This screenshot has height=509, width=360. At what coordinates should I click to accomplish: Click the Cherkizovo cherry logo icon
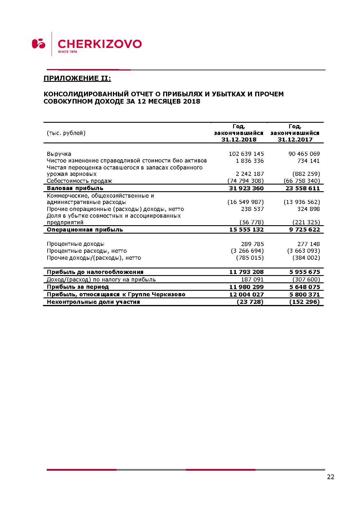(x=39, y=44)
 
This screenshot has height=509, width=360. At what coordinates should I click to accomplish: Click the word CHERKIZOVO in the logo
(x=100, y=44)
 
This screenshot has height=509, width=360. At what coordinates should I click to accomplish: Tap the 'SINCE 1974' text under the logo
(x=67, y=52)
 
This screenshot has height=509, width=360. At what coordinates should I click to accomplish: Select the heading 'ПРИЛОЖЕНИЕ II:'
(x=77, y=78)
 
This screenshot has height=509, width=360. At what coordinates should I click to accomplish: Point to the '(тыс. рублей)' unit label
(x=66, y=133)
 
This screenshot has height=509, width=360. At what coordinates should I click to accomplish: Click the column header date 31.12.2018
(x=239, y=140)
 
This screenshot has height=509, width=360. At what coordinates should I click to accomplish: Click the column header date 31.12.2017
(x=295, y=140)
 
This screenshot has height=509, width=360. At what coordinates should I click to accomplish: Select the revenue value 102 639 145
(x=246, y=154)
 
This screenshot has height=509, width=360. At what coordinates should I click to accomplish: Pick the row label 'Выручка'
(x=59, y=154)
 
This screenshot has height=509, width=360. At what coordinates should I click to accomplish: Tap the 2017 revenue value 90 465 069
(x=304, y=154)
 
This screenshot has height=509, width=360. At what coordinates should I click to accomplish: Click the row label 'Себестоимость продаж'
(x=79, y=181)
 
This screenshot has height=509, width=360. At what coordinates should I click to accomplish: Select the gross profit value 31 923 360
(x=246, y=188)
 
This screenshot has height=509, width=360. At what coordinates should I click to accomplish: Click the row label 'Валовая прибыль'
(x=75, y=188)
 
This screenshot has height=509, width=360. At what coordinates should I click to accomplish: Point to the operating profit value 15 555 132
(x=246, y=230)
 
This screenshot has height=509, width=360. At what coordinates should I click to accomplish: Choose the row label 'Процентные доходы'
(x=75, y=244)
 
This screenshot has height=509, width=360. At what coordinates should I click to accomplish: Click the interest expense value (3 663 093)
(x=303, y=251)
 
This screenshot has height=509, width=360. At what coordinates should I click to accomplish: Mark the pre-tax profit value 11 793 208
(x=246, y=272)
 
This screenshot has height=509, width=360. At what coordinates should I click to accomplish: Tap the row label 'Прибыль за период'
(x=78, y=287)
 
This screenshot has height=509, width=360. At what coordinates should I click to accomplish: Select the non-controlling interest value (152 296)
(x=304, y=302)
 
